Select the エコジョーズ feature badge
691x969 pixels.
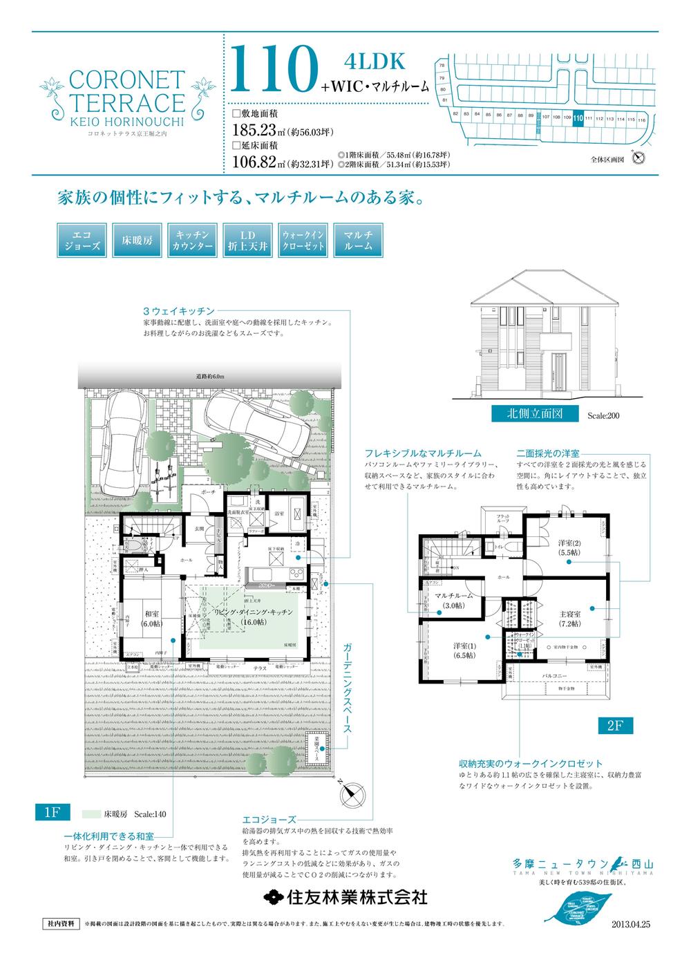79,240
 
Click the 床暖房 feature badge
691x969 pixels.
136,240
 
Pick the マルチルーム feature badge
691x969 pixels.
358,240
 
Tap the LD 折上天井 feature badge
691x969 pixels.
247,240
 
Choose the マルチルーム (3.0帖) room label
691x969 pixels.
453,600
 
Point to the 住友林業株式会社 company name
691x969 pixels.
345,897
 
